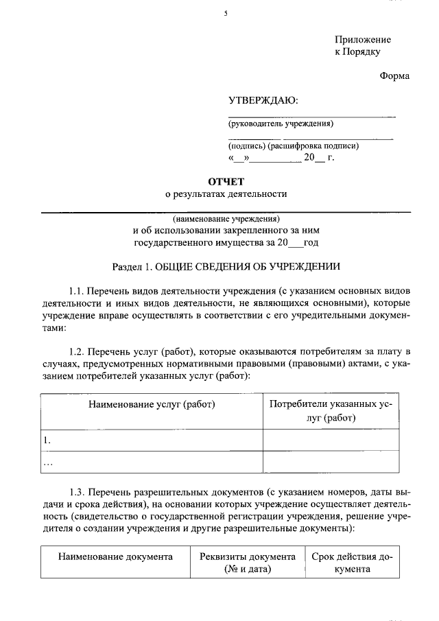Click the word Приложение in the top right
click(x=362, y=40)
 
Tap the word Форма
click(x=394, y=76)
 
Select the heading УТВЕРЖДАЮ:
click(x=263, y=101)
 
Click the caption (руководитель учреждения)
click(x=281, y=124)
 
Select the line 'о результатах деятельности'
click(x=226, y=194)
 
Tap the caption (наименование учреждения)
click(x=226, y=219)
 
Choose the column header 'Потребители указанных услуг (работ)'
click(x=331, y=411)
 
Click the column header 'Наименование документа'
click(x=115, y=556)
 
